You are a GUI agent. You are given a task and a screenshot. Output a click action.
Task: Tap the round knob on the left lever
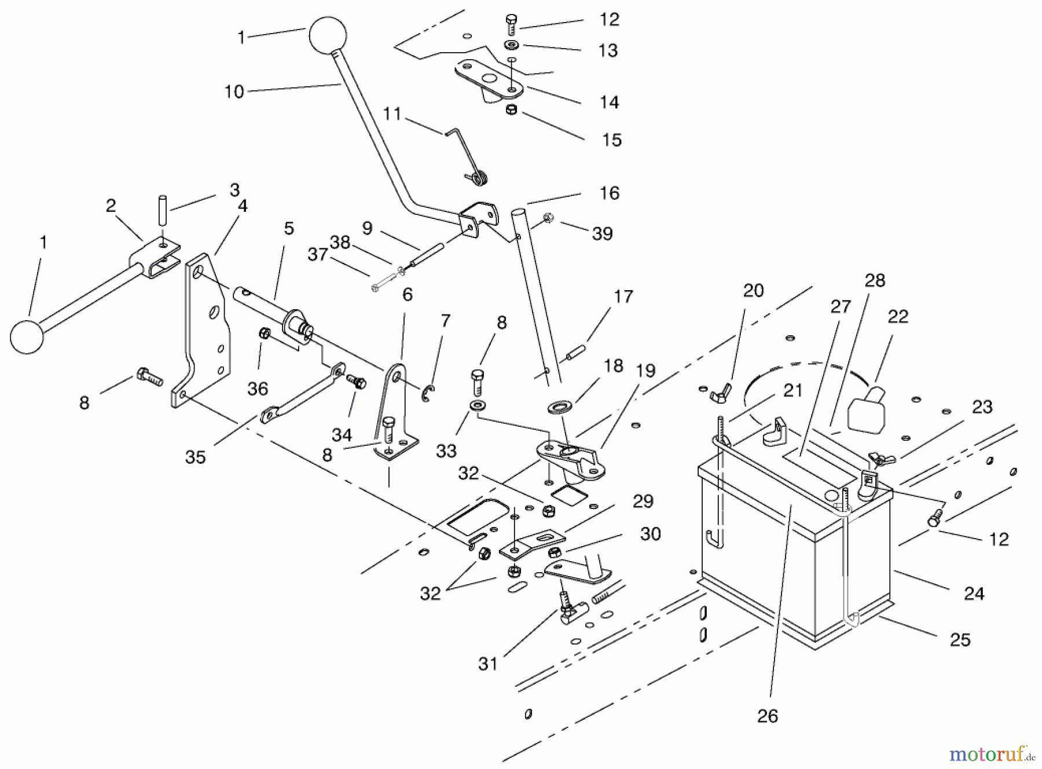[x=27, y=336]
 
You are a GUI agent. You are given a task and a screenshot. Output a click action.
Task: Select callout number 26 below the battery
[x=768, y=716]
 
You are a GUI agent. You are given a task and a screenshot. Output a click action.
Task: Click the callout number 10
[x=234, y=92]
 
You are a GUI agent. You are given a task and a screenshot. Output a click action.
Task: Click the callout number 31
[x=488, y=664]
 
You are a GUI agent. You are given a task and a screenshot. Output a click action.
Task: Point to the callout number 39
[x=603, y=234]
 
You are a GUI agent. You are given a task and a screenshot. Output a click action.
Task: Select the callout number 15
[x=611, y=140]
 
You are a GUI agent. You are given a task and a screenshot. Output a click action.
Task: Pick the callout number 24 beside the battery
[x=974, y=594]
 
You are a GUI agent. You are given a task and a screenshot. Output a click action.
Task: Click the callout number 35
[x=196, y=457]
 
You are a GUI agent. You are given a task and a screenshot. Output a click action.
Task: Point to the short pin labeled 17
[x=575, y=353]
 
